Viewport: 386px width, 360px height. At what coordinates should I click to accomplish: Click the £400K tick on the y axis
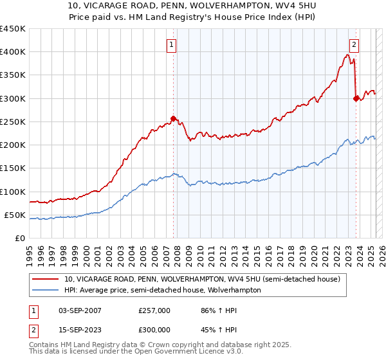click(x=13, y=52)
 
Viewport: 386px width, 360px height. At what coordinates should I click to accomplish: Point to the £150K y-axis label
click(x=13, y=168)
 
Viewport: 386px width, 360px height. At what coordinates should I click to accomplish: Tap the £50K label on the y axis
click(x=15, y=215)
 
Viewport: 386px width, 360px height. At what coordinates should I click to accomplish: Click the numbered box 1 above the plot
click(x=172, y=44)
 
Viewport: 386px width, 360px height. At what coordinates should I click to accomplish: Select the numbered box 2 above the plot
click(x=354, y=44)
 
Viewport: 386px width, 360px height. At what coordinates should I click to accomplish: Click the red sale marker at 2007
click(x=173, y=118)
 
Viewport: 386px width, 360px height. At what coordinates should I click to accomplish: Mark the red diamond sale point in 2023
click(x=356, y=98)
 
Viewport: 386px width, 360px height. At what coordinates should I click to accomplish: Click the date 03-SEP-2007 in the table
click(x=79, y=310)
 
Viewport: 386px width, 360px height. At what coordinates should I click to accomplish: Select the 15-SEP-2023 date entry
click(x=79, y=330)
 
